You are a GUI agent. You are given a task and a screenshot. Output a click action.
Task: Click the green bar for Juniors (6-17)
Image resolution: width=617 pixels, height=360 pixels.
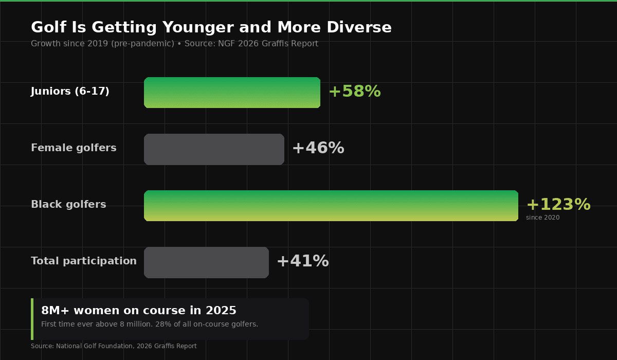pyautogui.click(x=232, y=93)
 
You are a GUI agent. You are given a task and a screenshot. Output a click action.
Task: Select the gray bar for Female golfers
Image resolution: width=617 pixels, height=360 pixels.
pyautogui.click(x=214, y=149)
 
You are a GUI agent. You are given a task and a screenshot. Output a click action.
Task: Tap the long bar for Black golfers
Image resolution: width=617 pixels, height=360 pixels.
pyautogui.click(x=331, y=206)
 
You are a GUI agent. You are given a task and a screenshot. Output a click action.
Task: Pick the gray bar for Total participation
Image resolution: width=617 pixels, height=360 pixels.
pyautogui.click(x=206, y=262)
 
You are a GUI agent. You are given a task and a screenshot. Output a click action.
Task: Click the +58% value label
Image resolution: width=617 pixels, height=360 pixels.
pyautogui.click(x=354, y=92)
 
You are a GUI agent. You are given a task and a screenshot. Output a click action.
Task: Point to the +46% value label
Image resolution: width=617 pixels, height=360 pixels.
pyautogui.click(x=318, y=148)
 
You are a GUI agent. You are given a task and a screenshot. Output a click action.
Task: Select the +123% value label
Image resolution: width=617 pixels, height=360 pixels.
pyautogui.click(x=558, y=205)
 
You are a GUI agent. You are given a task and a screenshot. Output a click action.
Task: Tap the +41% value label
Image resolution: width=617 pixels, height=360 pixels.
pyautogui.click(x=302, y=261)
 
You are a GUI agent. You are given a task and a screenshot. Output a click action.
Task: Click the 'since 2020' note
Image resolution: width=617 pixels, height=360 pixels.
pyautogui.click(x=542, y=218)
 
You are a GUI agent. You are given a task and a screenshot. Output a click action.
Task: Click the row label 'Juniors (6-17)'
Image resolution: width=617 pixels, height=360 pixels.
pyautogui.click(x=70, y=92)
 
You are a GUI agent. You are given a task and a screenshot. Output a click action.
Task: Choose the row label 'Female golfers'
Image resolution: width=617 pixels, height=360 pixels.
pyautogui.click(x=74, y=148)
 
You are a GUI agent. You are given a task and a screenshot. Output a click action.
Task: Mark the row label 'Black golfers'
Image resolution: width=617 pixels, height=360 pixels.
pyautogui.click(x=68, y=205)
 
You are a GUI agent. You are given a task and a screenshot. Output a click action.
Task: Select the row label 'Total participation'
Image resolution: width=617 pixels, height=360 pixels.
pyautogui.click(x=84, y=261)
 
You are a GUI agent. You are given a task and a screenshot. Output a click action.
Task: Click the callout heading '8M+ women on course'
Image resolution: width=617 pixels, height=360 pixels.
pyautogui.click(x=139, y=311)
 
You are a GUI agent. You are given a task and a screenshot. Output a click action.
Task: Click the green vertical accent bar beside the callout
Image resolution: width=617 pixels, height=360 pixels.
pyautogui.click(x=32, y=319)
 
